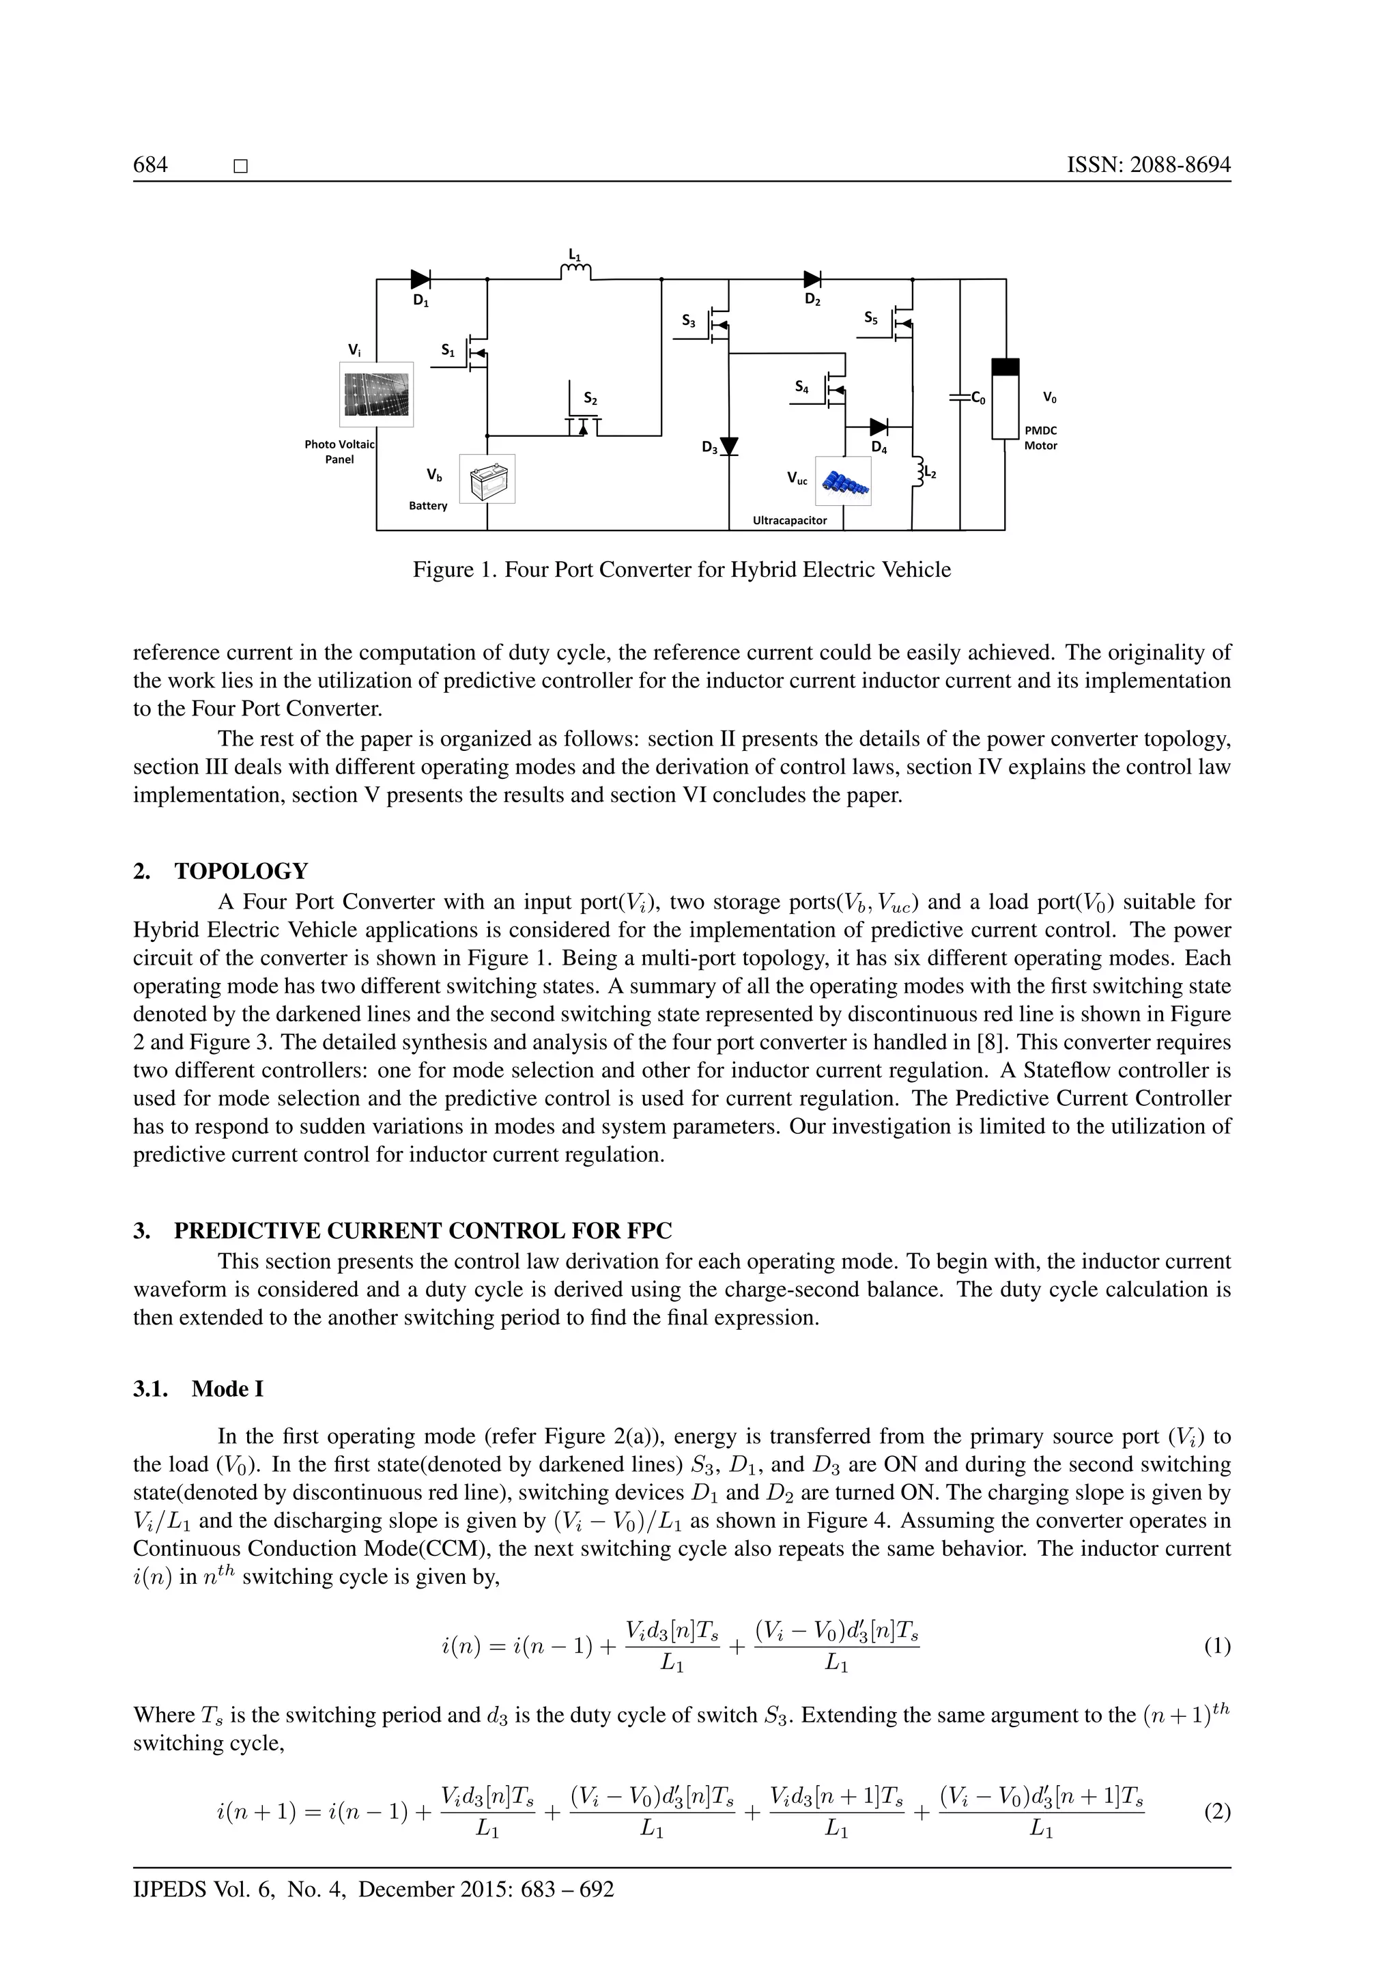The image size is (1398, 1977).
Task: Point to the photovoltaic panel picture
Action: click(x=376, y=395)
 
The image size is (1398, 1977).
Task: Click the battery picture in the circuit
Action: click(x=487, y=479)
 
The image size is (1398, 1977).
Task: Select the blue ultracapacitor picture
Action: click(x=843, y=481)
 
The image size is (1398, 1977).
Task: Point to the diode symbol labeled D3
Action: click(x=729, y=446)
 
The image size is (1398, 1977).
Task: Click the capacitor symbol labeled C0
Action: click(x=960, y=398)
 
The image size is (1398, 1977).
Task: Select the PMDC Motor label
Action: click(x=1040, y=438)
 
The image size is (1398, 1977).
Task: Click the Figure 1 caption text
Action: click(x=682, y=569)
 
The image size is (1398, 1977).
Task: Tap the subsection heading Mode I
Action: click(x=227, y=1389)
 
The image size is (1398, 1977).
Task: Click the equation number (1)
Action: click(x=1217, y=1647)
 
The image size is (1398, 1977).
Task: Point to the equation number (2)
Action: click(x=1217, y=1812)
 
